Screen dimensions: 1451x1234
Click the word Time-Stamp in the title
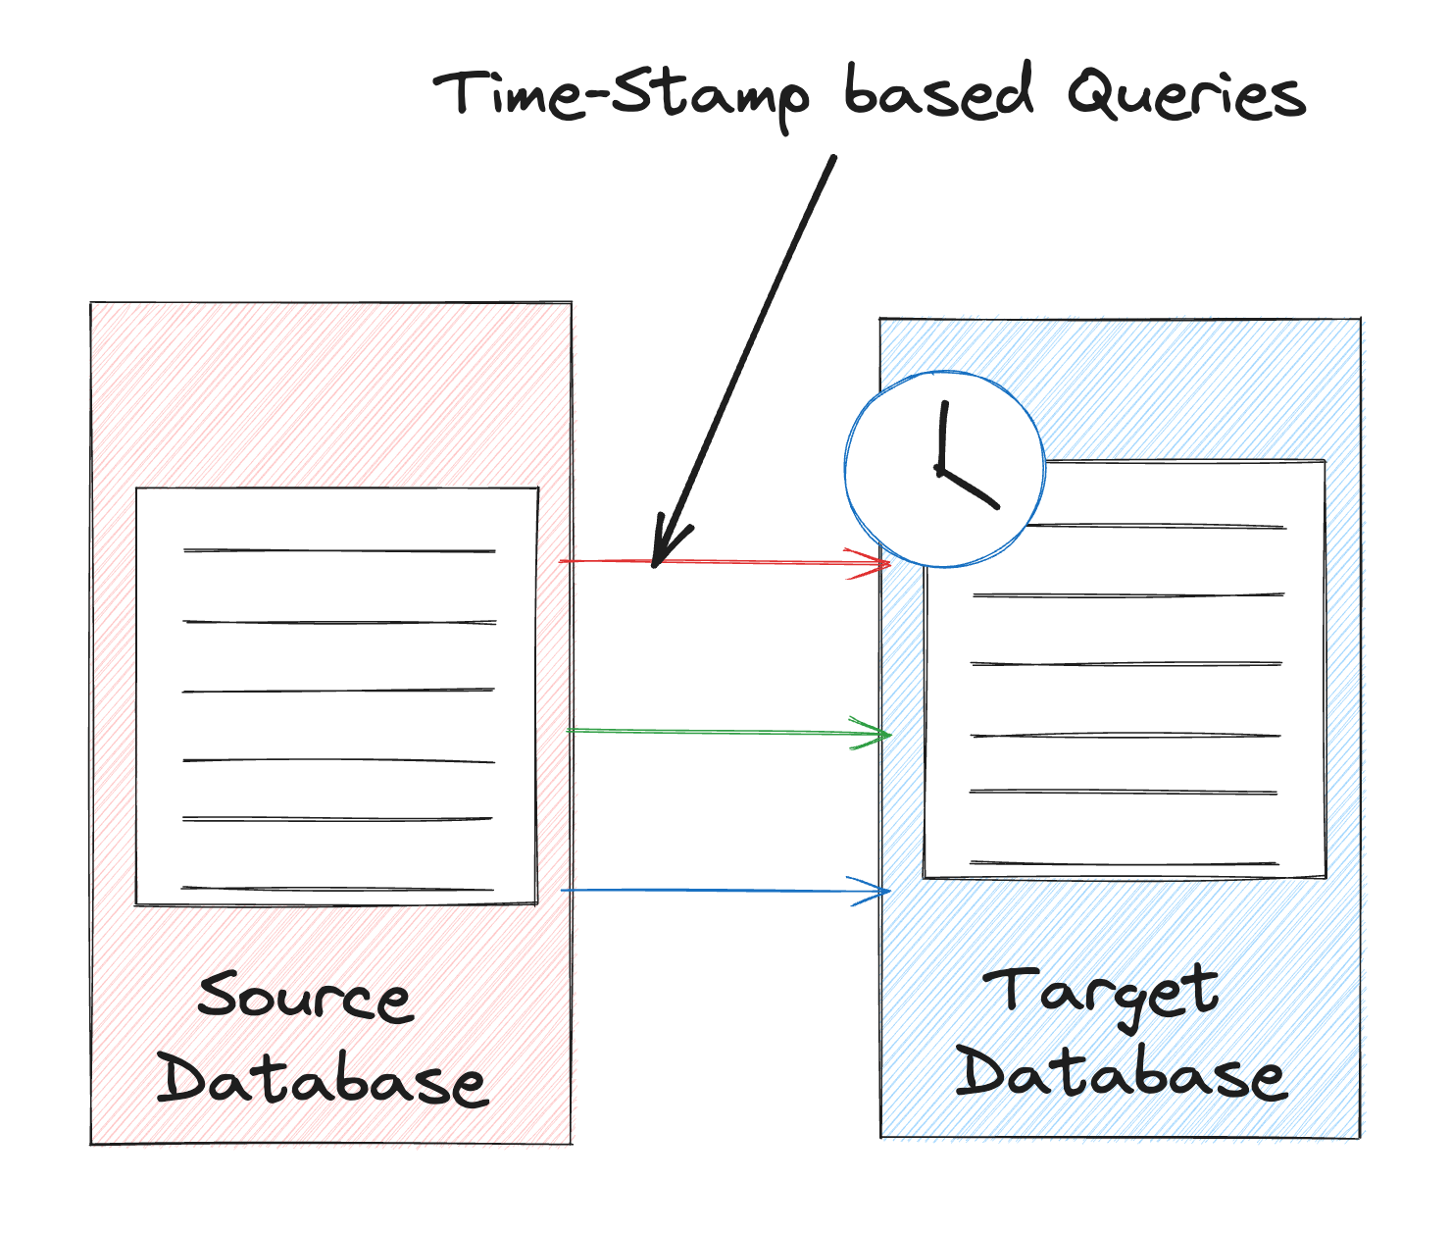(622, 98)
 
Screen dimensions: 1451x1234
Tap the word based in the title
(939, 90)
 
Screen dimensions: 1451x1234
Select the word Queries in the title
(1186, 94)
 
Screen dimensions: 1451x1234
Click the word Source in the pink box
(306, 997)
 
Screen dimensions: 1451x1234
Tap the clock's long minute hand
(943, 436)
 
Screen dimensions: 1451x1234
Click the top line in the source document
(339, 550)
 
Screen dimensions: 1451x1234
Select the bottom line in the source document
(337, 889)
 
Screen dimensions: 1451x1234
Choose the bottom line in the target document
(1124, 862)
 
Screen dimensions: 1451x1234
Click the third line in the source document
(338, 691)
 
